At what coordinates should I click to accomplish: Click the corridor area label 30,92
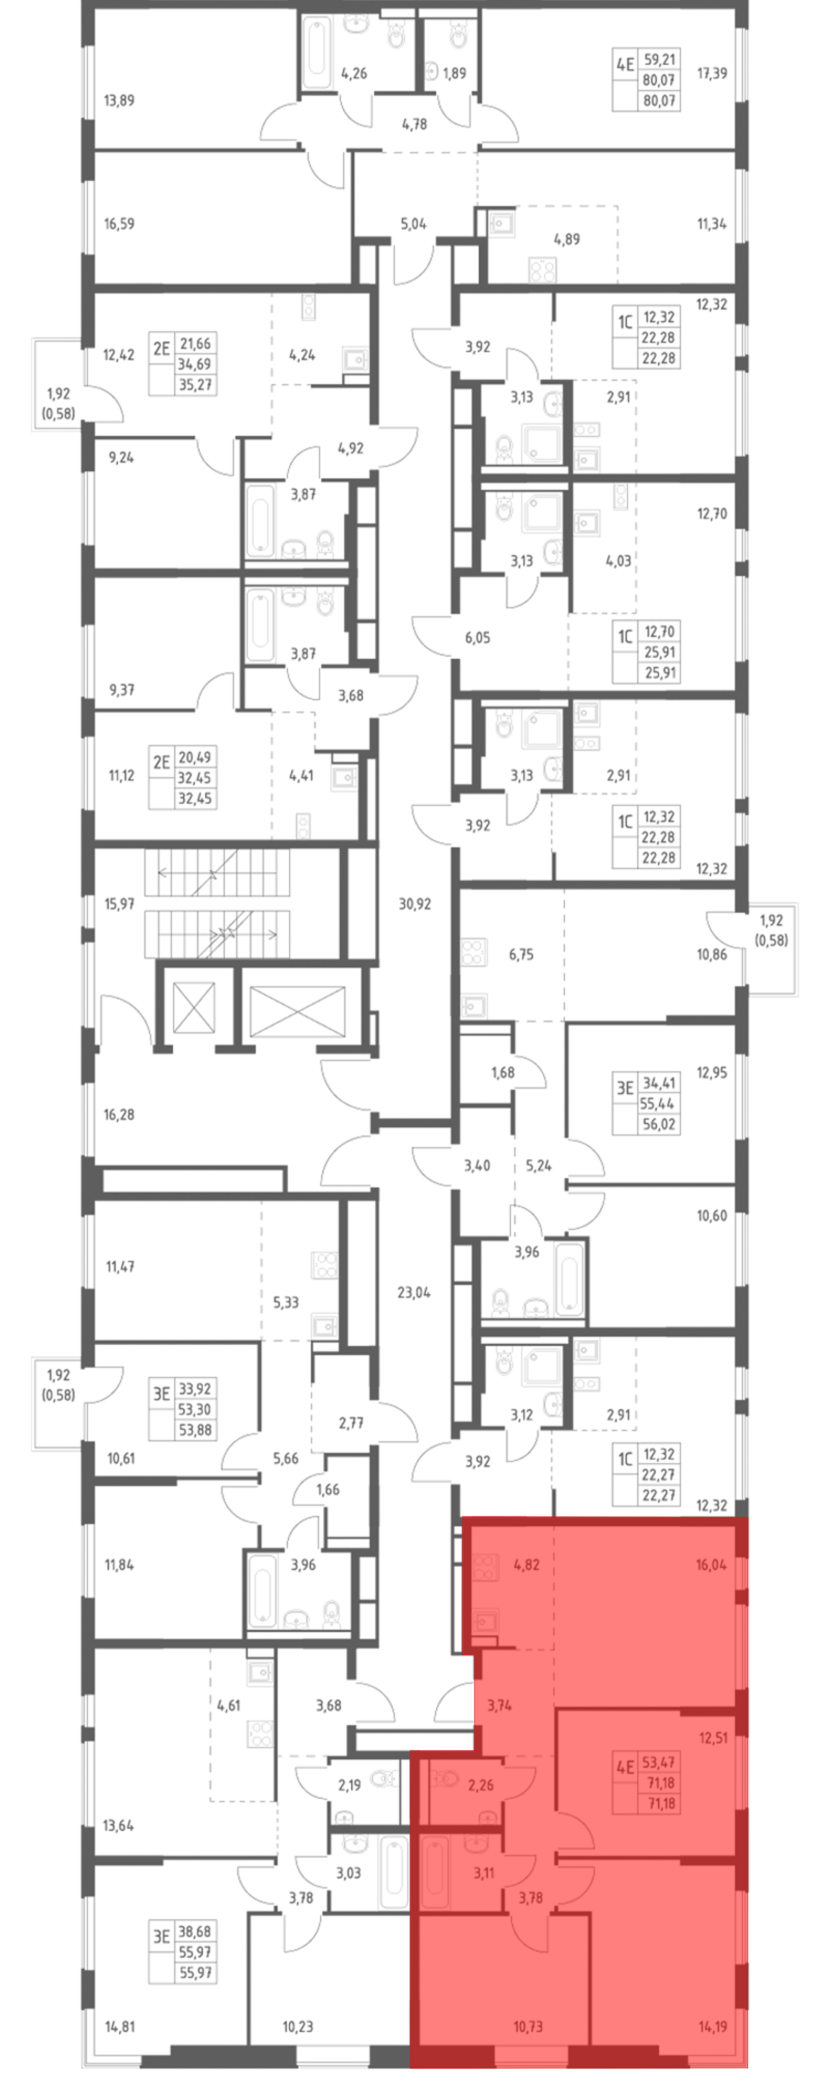pyautogui.click(x=415, y=903)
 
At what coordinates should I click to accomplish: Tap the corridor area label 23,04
pyautogui.click(x=414, y=1292)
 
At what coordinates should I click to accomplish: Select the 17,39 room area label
pyautogui.click(x=711, y=73)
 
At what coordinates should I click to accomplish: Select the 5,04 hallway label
pyautogui.click(x=413, y=223)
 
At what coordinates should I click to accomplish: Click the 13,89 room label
pyautogui.click(x=119, y=100)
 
